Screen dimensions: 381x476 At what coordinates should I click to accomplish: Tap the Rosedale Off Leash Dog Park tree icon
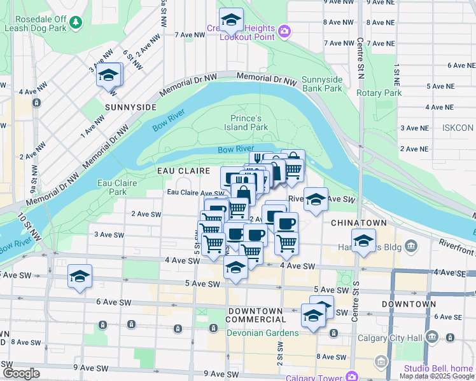pos(76,22)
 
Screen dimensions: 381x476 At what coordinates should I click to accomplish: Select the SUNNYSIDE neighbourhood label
pos(130,107)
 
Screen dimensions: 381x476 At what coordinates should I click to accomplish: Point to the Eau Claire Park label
pos(113,187)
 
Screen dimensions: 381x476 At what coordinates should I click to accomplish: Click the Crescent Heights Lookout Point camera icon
pos(284,30)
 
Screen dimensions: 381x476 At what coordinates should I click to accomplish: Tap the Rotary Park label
pos(379,93)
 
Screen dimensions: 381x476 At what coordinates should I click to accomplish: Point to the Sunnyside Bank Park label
pos(322,84)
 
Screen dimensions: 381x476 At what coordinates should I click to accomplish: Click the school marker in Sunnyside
pos(109,76)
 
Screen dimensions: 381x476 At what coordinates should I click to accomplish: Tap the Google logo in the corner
pos(21,373)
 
